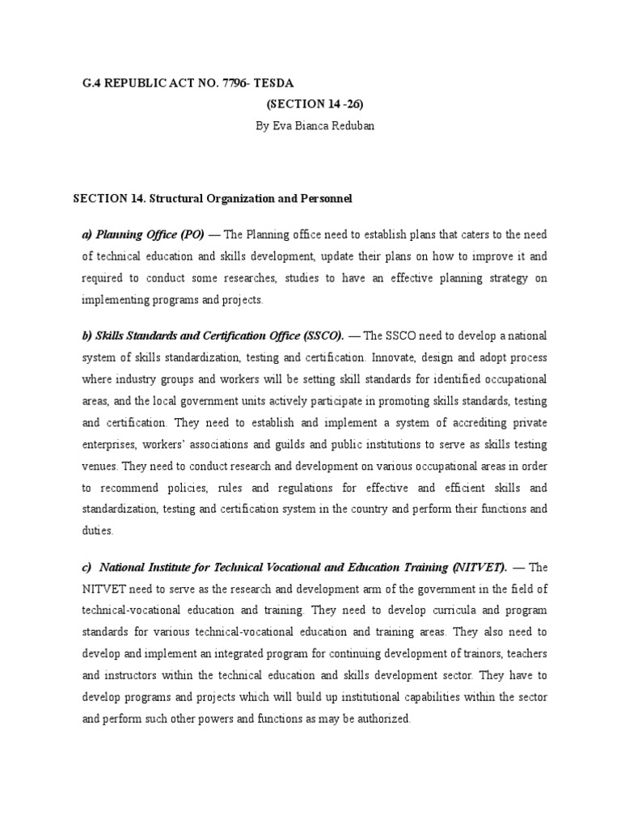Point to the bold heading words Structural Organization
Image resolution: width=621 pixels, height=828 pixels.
[x=205, y=198]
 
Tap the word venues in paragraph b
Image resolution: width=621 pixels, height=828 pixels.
[x=99, y=466]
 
